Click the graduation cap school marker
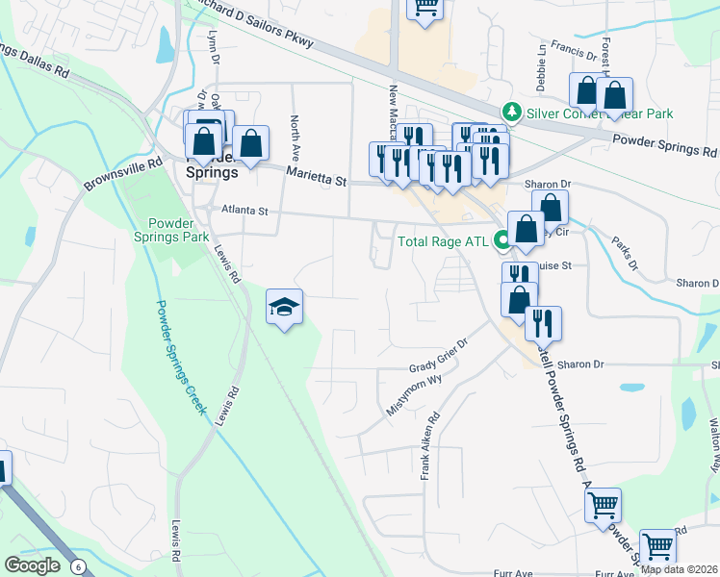[x=284, y=307]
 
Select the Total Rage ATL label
[x=443, y=240]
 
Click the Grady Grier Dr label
[x=438, y=357]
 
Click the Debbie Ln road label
[x=541, y=60]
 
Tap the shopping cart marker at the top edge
[x=424, y=8]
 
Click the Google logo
[x=33, y=565]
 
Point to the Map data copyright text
[x=679, y=569]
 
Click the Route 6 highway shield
[x=77, y=567]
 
